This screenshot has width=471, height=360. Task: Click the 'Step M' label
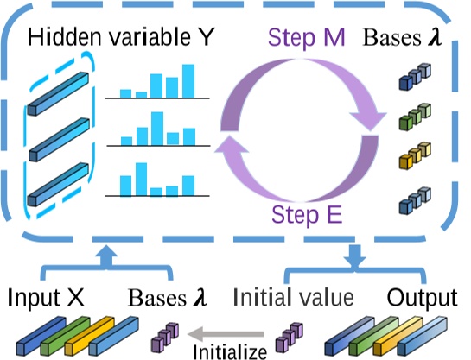tap(307, 38)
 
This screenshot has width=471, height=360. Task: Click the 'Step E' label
tap(307, 215)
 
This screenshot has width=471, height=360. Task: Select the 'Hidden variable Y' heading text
tap(120, 37)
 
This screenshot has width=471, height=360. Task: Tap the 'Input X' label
tap(46, 298)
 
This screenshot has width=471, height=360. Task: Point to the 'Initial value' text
tap(293, 297)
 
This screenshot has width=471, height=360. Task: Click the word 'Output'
tap(422, 299)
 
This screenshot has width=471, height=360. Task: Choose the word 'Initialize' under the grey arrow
tap(230, 351)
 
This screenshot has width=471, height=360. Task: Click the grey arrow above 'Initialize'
tap(226, 334)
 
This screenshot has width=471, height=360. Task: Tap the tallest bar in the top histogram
tap(188, 81)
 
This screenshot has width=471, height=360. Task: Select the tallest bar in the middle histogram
tap(157, 129)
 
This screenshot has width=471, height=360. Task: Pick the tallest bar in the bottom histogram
tap(141, 179)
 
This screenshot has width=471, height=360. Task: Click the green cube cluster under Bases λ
tap(415, 117)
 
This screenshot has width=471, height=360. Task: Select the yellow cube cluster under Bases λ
tap(415, 155)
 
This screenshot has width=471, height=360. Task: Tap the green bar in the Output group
tap(374, 336)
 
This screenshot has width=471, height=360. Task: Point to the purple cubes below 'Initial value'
tap(290, 338)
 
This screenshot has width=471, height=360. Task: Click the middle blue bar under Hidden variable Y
tap(59, 140)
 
